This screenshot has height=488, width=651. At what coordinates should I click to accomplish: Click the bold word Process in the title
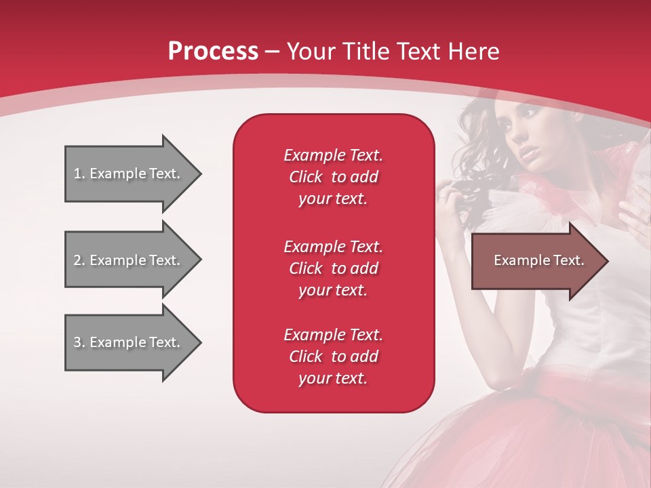coord(213,52)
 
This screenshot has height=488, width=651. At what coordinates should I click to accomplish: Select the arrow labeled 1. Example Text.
coord(129,174)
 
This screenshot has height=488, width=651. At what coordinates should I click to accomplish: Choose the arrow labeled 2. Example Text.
coord(129,260)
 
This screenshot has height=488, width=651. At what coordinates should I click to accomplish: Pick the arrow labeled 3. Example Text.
coord(129,342)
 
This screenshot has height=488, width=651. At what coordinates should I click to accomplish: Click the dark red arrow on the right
coord(536,261)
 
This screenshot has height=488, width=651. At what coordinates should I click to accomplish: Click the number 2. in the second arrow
coord(79,260)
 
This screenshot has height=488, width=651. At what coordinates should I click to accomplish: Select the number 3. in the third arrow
coord(79,342)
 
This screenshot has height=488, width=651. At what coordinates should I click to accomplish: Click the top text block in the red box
coord(333,177)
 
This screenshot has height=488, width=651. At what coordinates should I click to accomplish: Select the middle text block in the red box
coord(333,268)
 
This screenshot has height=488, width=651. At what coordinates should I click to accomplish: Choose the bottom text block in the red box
coord(333,357)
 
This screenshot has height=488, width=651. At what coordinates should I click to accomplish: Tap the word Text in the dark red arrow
coord(569,260)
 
